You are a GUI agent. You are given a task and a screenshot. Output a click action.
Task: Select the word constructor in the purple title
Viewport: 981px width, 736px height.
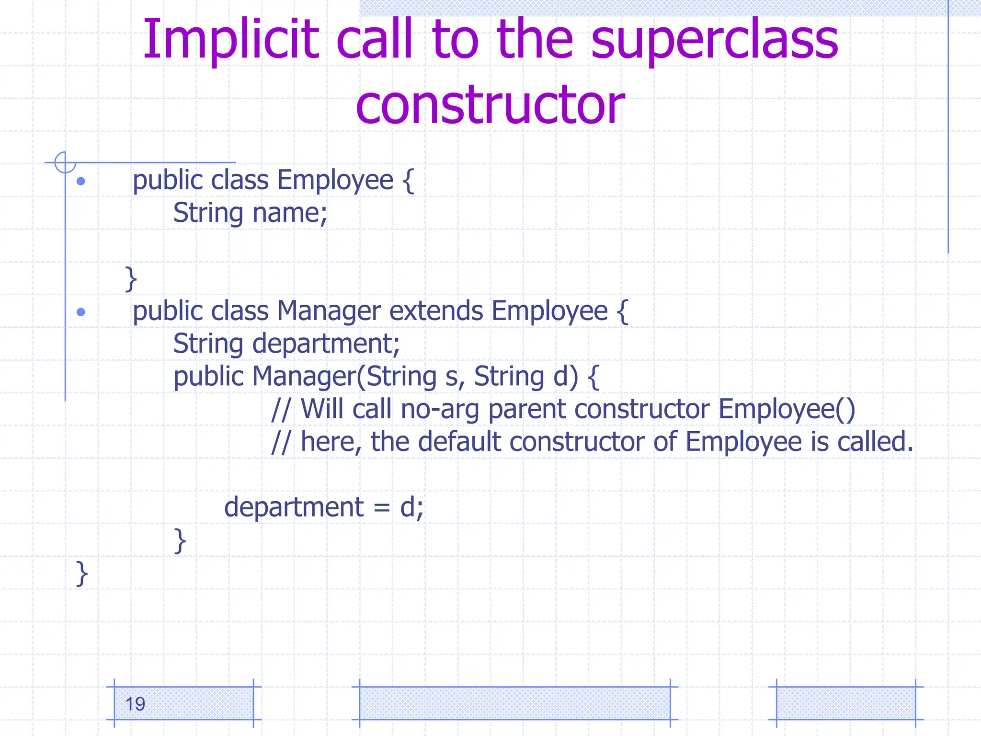(490, 104)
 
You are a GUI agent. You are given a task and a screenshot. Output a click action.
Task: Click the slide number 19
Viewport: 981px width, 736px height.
(135, 704)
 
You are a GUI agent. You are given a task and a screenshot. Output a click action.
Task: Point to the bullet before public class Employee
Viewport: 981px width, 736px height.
(81, 181)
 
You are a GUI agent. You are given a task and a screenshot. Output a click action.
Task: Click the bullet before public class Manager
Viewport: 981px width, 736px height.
(81, 312)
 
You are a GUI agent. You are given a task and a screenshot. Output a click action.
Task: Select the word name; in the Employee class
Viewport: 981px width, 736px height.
(290, 213)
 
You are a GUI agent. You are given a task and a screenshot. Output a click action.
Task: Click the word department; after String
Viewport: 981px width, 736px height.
(326, 344)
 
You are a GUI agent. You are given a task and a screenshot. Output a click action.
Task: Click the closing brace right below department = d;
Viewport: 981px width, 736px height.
(180, 541)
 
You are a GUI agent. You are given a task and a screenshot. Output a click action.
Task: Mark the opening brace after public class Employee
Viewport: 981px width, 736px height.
(408, 181)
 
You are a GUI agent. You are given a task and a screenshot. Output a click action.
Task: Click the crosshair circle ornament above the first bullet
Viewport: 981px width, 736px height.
(65, 162)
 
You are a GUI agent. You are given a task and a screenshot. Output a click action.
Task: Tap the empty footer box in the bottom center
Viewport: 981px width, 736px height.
(514, 703)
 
